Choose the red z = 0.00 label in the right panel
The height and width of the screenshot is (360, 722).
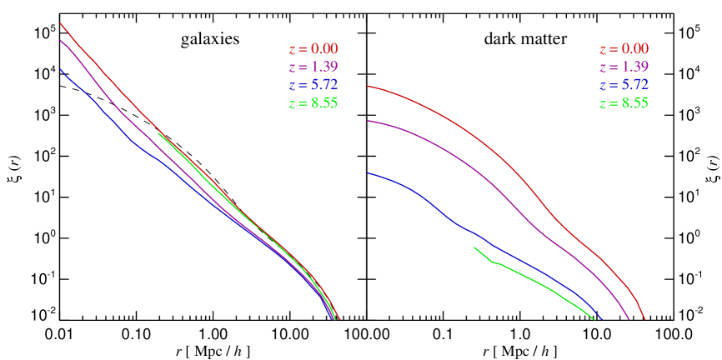[624, 49]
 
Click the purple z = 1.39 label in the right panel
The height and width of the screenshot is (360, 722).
[624, 67]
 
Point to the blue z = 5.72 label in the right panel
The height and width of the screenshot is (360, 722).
[624, 85]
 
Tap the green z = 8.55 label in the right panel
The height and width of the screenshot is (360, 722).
[624, 103]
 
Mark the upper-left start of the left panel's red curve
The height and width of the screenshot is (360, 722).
[61, 23]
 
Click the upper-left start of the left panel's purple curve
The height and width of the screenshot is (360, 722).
[61, 40]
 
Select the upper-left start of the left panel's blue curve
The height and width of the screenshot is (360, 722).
[61, 69]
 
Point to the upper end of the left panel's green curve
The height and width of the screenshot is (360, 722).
[158, 133]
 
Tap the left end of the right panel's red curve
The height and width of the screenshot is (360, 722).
[368, 86]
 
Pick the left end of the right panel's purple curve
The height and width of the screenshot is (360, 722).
[368, 121]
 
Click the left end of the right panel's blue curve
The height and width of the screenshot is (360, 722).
[368, 173]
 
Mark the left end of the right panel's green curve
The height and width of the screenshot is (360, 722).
[474, 247]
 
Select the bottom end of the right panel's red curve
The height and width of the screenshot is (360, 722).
[644, 318]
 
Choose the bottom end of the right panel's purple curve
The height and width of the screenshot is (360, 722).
[628, 318]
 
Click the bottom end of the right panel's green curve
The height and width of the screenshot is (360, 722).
[594, 318]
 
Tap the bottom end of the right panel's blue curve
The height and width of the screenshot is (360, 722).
[603, 318]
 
